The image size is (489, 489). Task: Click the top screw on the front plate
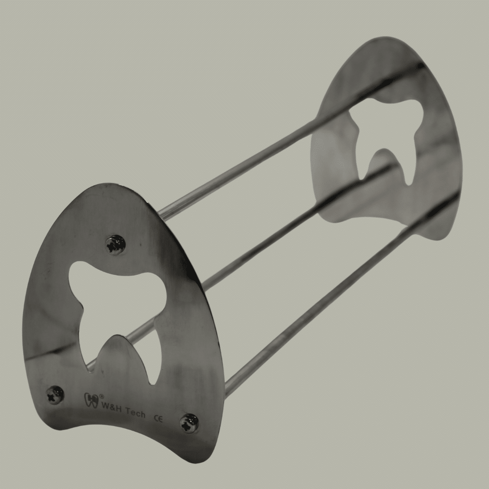[x=116, y=244]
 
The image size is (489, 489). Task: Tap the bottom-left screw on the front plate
[x=55, y=395]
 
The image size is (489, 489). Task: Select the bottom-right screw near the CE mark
[x=189, y=422]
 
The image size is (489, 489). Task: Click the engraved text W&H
[x=112, y=405]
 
